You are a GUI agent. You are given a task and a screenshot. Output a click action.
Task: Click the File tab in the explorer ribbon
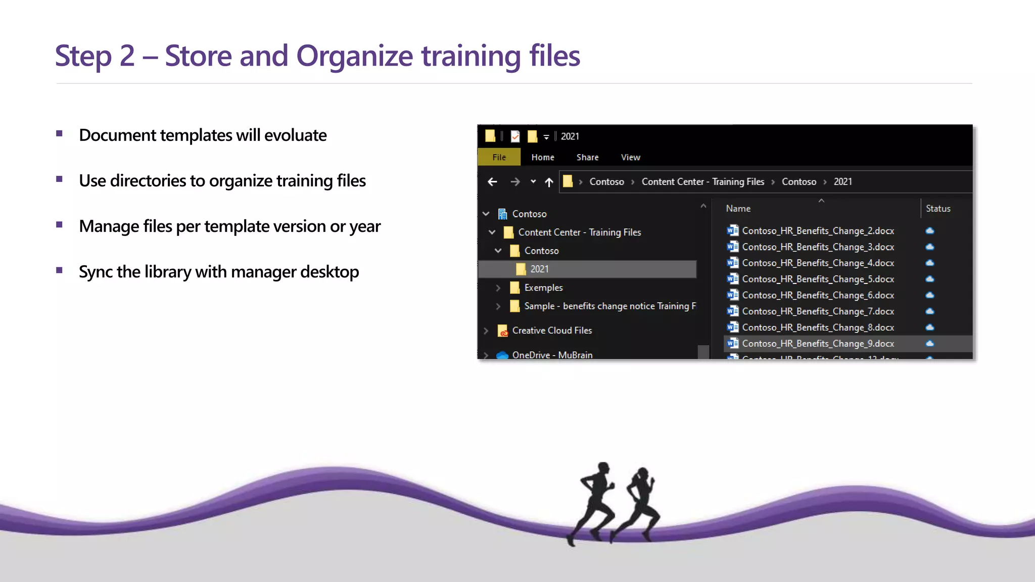pyautogui.click(x=499, y=157)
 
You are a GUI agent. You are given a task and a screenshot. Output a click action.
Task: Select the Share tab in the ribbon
pyautogui.click(x=587, y=157)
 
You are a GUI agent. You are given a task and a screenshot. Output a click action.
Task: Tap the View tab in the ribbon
pyautogui.click(x=630, y=157)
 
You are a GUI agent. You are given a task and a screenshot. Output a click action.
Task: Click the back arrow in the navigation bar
pyautogui.click(x=492, y=182)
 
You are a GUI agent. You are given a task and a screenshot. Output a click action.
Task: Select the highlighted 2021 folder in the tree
pyautogui.click(x=539, y=269)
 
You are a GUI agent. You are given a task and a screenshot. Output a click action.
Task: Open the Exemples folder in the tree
pyautogui.click(x=543, y=287)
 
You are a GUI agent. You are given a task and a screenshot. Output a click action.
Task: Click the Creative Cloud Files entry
pyautogui.click(x=552, y=330)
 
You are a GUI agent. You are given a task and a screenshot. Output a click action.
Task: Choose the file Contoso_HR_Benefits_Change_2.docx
pyautogui.click(x=818, y=231)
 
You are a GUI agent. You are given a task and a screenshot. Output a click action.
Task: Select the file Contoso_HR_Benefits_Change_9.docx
pyautogui.click(x=818, y=344)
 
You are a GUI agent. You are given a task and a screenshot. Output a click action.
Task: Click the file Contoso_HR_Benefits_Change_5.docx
pyautogui.click(x=818, y=279)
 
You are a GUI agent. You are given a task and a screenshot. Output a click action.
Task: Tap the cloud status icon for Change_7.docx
pyautogui.click(x=930, y=311)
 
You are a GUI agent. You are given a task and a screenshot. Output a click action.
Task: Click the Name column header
pyautogui.click(x=738, y=209)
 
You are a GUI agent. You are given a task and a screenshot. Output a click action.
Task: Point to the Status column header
pyautogui.click(x=938, y=209)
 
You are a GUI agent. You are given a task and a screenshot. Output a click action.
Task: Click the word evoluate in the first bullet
pyautogui.click(x=295, y=135)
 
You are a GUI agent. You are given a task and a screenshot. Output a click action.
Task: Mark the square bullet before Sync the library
pyautogui.click(x=60, y=270)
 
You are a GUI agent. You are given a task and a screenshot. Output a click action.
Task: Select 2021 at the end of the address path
pyautogui.click(x=842, y=182)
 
